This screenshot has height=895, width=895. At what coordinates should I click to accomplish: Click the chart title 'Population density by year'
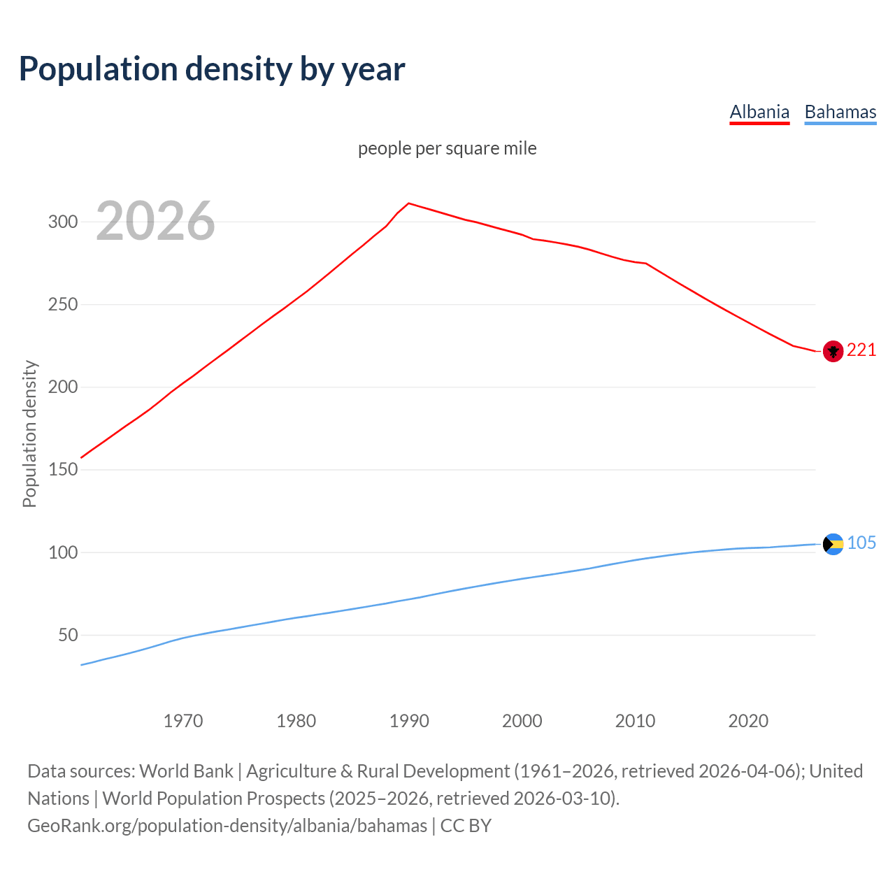212,69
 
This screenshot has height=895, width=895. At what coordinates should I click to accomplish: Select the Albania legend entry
759,112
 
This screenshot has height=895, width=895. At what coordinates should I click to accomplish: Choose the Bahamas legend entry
840,112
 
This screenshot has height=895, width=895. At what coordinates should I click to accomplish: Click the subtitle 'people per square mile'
447,148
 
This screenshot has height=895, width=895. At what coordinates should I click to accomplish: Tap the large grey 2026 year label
155,221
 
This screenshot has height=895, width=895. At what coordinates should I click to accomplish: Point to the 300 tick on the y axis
62,222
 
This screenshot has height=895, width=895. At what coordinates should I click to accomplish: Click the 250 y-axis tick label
62,305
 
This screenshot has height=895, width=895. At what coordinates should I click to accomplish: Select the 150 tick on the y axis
62,470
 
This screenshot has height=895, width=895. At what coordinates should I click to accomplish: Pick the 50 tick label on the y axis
68,636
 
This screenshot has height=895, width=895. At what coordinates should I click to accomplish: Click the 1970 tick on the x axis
183,721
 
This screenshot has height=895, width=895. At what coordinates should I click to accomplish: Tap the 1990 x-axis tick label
409,721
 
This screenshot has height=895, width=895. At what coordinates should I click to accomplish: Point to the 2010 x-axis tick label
635,721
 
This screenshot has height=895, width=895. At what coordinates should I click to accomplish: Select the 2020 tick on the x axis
748,721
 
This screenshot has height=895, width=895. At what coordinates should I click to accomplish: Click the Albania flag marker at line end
833,351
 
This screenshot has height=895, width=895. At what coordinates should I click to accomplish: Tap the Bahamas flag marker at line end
833,544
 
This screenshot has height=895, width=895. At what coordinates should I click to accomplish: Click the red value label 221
861,350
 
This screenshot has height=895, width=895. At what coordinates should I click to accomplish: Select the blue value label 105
861,543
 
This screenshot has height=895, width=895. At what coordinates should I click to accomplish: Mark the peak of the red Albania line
409,203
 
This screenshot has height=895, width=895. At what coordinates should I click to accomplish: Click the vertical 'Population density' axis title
29,434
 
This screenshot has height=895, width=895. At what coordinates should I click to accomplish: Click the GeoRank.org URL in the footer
227,826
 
